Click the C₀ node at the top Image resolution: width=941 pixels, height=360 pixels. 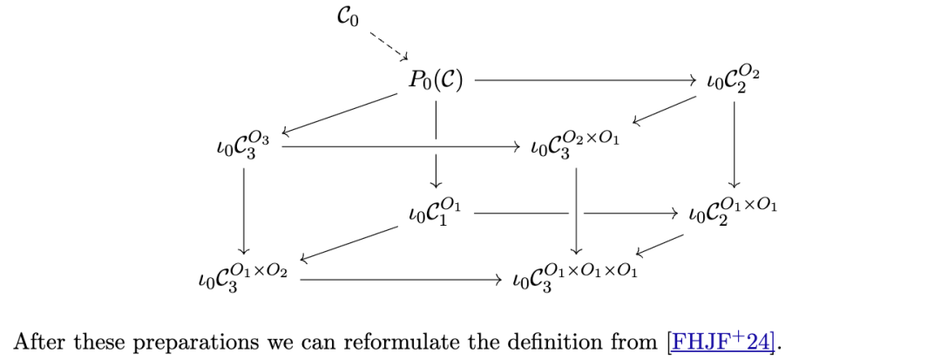coord(347,17)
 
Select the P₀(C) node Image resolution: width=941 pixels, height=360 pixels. coord(435,81)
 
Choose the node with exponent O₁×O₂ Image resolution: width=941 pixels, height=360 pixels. coord(243,278)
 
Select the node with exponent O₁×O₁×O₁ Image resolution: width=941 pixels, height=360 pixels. coord(574,278)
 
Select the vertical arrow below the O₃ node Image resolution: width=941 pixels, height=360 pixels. coord(243,210)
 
